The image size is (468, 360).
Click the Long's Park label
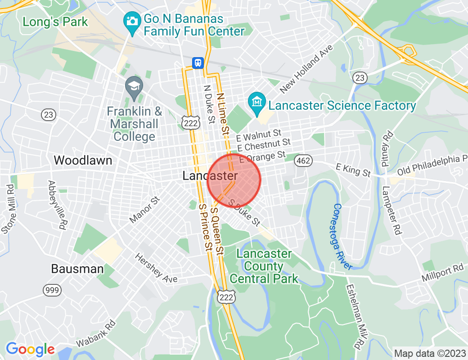[x=55, y=22]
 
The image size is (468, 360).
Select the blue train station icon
[x=198, y=63]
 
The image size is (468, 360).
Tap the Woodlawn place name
[x=83, y=160]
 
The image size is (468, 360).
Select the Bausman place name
[x=77, y=269]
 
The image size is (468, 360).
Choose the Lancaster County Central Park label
[x=264, y=266]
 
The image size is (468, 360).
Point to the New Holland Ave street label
[x=307, y=69]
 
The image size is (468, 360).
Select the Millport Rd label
[x=442, y=272]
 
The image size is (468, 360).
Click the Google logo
[x=30, y=349]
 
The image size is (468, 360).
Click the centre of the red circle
[x=234, y=180]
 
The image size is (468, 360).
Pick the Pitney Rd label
[x=388, y=149]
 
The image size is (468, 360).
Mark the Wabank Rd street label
[x=95, y=333]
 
